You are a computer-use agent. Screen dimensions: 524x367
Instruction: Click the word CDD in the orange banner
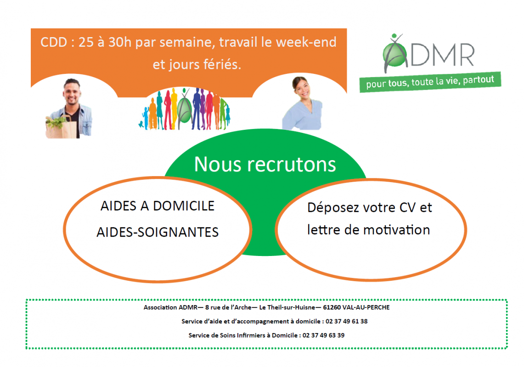coord(54,42)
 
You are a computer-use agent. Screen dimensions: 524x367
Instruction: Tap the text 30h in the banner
coord(120,42)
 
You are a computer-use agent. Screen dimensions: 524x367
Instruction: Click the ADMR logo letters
coord(429,53)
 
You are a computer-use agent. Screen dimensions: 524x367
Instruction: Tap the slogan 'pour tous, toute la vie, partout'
coord(430,82)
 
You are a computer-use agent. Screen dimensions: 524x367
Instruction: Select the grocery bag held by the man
coord(61,127)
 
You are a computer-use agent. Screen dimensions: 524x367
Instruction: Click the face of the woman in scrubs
coord(301,88)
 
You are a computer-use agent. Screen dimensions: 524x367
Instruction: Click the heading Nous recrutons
coord(265,164)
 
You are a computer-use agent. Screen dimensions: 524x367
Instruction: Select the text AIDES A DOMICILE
coord(158,206)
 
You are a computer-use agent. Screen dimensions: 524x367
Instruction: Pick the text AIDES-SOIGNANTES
coord(158,232)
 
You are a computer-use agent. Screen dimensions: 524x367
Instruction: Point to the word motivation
coord(396,230)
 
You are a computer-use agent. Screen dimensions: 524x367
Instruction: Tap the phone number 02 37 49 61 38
coord(347,321)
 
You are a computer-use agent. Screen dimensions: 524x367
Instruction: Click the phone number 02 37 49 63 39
coord(323,335)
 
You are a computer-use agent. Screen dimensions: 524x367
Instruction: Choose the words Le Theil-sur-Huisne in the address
coord(287,307)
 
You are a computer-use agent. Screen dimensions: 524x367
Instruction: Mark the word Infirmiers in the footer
coord(251,335)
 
